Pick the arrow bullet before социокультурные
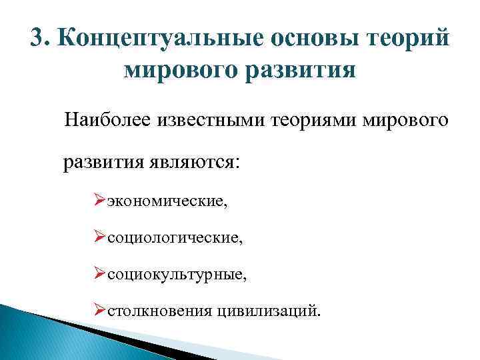point(100,273)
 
